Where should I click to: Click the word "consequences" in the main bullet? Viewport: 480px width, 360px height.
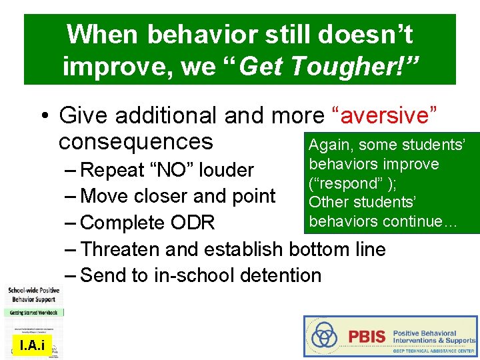coord(135,142)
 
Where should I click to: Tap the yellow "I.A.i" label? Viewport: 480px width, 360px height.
coord(32,345)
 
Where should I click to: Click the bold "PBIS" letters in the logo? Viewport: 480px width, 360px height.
coord(367,336)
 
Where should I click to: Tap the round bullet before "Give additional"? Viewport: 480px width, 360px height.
coord(42,116)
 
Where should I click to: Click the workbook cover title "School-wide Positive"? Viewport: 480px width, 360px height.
coord(33,290)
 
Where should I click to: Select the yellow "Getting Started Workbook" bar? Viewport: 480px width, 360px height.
coord(33,312)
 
